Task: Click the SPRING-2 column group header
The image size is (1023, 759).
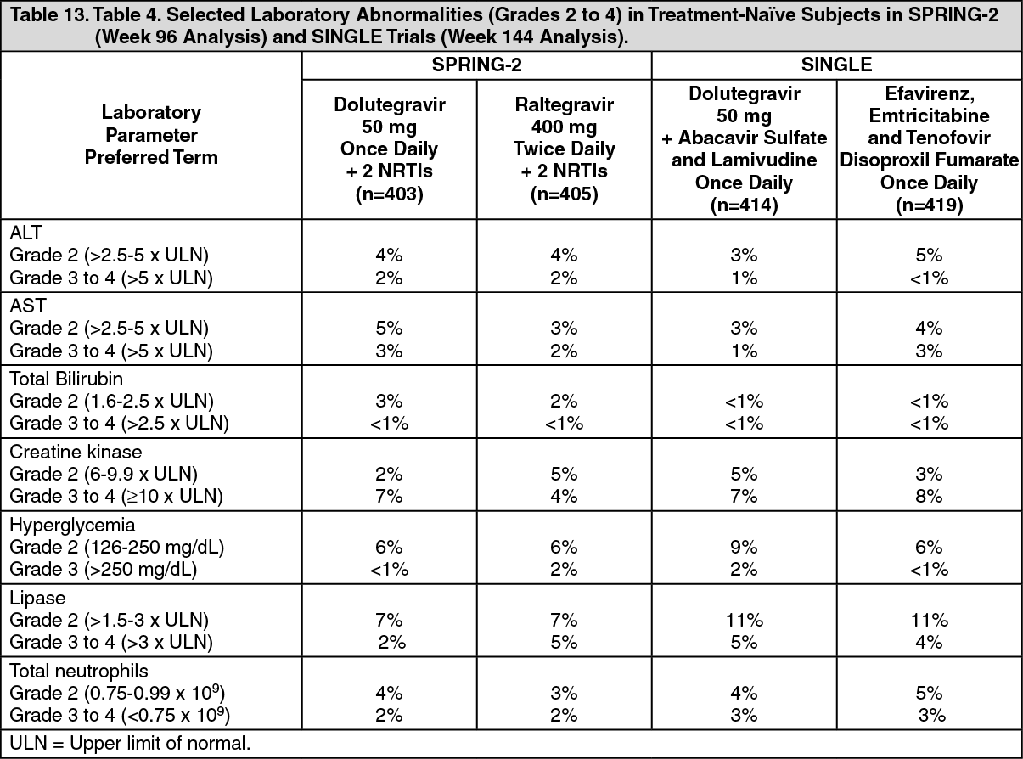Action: coord(476,65)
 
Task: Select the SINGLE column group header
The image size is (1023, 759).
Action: coord(836,65)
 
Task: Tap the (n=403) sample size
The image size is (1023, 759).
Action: coord(390,194)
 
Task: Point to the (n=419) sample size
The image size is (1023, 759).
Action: coord(929,205)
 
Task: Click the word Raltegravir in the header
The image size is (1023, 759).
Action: coord(564,104)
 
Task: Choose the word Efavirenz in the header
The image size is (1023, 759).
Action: coord(929,93)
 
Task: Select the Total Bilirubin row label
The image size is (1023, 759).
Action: coord(66,379)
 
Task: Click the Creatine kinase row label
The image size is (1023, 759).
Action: coord(76,452)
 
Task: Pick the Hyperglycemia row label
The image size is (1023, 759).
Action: coord(72,525)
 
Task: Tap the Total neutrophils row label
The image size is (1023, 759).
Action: coord(79,671)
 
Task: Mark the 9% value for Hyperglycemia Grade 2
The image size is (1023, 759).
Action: coord(744,548)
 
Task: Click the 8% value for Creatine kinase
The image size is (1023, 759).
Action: coord(929,497)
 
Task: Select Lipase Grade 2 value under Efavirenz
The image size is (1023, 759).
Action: coord(929,620)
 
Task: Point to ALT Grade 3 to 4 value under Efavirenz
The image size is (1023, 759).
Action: coord(929,278)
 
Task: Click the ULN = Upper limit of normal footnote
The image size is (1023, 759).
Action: coord(130,744)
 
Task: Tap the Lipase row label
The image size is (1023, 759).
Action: coord(37,598)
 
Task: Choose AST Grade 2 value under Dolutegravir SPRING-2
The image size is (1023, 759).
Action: coord(389,328)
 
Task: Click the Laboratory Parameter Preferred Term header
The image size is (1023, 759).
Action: coord(151,135)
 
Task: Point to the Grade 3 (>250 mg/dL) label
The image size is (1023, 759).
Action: coord(104,570)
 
